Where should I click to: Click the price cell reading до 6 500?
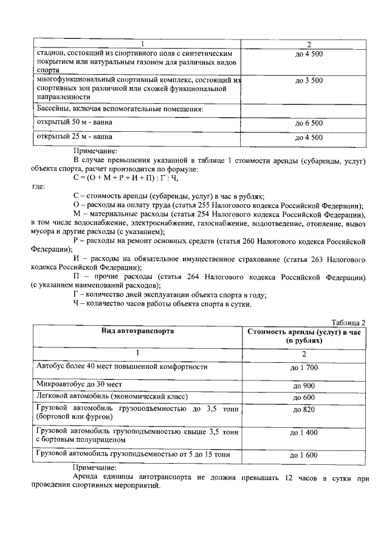[x=309, y=123]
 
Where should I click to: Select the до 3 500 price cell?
[x=309, y=80]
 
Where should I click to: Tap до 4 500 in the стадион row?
[x=309, y=54]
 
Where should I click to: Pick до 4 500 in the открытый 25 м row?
[x=309, y=137]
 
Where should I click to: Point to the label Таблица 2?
[x=348, y=322]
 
